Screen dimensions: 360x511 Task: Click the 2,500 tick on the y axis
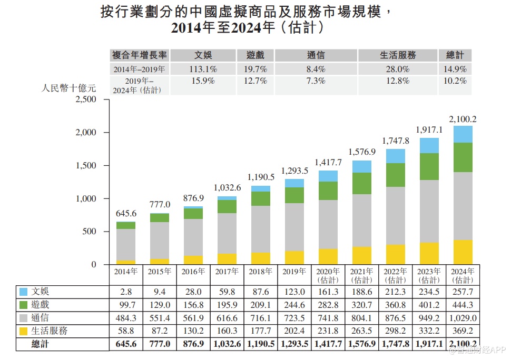[85, 99]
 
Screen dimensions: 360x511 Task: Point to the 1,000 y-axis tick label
[85, 199]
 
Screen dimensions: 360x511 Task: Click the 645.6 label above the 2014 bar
[126, 214]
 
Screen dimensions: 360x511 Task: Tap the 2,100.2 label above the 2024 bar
[463, 119]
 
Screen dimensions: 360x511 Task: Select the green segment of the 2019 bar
[294, 195]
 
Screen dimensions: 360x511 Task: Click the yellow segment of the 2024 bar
[463, 252]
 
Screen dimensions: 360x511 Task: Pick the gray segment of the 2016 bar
[193, 237]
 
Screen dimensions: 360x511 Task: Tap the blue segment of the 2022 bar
[396, 156]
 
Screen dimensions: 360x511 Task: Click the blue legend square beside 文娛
[23, 292]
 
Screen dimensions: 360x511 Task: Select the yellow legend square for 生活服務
[23, 331]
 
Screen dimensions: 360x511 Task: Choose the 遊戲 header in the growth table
[255, 55]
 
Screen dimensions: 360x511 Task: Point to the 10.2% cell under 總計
[455, 81]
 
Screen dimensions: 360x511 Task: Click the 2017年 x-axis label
[227, 272]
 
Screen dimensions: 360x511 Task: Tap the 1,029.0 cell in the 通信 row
[462, 318]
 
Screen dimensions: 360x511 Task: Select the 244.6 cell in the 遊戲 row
[294, 305]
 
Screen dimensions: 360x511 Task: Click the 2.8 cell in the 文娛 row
[126, 292]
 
